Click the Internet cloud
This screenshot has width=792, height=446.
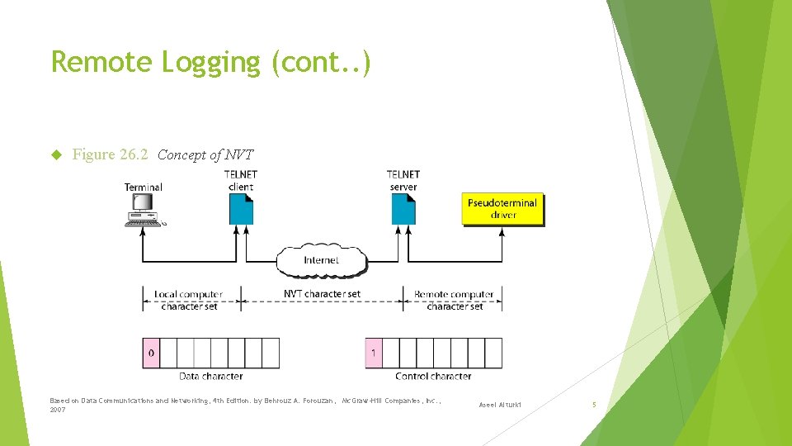coord(321,259)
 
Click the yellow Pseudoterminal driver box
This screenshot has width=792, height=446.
coord(502,209)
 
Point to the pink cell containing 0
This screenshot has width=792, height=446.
coord(150,353)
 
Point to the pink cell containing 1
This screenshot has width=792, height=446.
coord(374,353)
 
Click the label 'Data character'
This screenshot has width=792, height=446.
coord(211,377)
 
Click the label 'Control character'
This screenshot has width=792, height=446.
coord(433,377)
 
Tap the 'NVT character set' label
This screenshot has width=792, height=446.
coord(322,294)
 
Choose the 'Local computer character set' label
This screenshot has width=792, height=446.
coord(189,300)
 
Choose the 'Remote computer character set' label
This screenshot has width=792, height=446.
coord(454,300)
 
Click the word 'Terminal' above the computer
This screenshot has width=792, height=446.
coord(144,187)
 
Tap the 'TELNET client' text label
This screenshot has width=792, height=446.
coord(241,180)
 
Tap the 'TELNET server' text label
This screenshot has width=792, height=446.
coord(403,180)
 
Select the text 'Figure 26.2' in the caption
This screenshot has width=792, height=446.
coord(111,154)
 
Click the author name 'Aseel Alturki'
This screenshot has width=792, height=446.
coord(500,405)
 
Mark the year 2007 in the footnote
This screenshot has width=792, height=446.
coord(58,410)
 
